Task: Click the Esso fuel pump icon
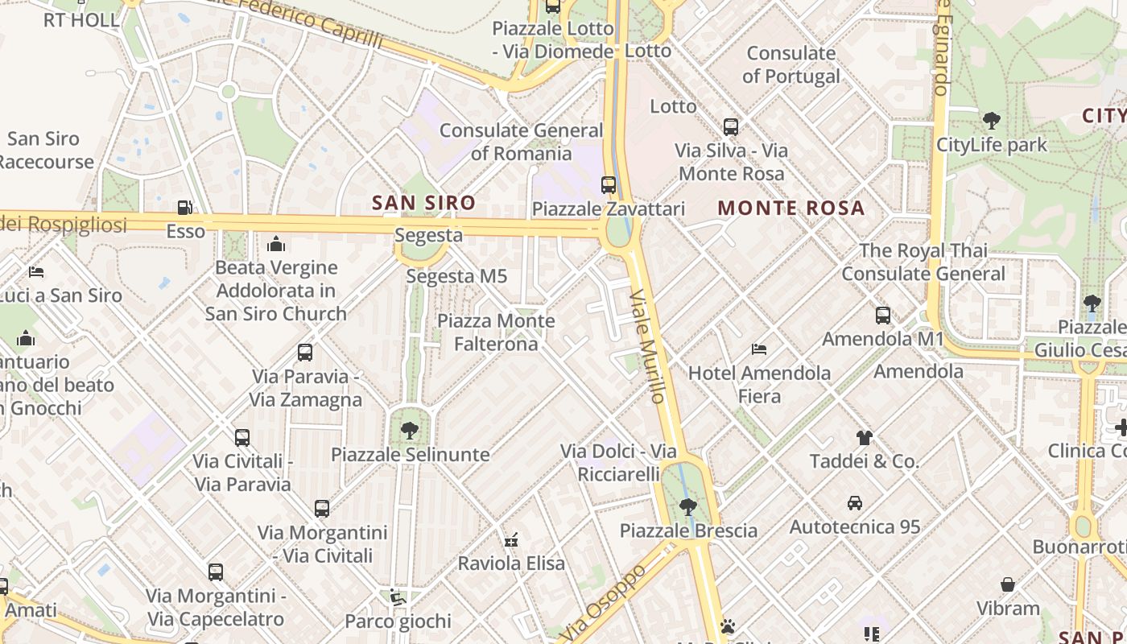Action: click(184, 208)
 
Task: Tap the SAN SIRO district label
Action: click(423, 203)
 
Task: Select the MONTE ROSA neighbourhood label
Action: click(791, 208)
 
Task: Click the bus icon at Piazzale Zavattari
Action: click(609, 185)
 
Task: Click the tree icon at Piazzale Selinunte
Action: click(410, 430)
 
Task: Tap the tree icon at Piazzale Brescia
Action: click(687, 507)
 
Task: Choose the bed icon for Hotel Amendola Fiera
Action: click(758, 349)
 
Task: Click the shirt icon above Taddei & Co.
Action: click(864, 438)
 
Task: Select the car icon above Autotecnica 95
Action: click(855, 503)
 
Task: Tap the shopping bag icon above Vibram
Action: click(1007, 584)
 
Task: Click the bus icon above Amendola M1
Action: click(883, 316)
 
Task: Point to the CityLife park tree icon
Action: click(991, 121)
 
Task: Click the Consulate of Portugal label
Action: click(791, 65)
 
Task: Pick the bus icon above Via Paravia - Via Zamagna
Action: click(305, 353)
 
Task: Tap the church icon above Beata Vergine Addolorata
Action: click(276, 243)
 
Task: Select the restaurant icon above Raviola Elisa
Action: click(510, 539)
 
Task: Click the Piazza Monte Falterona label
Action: click(496, 332)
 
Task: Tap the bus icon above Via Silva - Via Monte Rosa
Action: click(731, 127)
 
